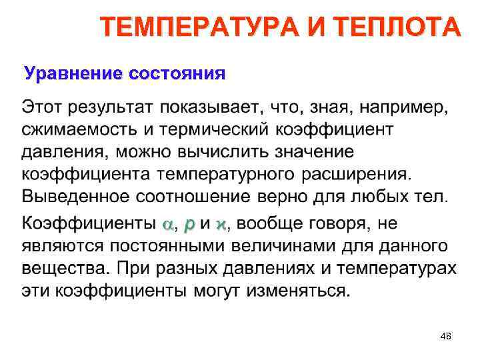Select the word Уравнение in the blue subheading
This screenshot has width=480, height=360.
click(x=65, y=72)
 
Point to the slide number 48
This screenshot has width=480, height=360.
click(x=446, y=337)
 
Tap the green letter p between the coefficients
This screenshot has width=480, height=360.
click(x=189, y=225)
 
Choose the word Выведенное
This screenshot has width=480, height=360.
click(x=75, y=197)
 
